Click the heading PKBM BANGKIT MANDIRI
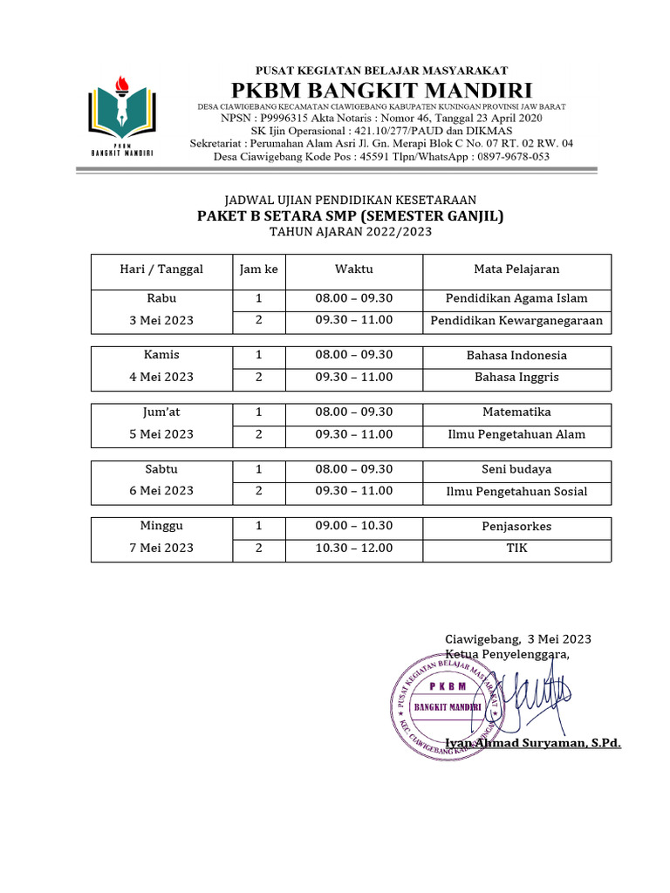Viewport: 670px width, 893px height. (381, 90)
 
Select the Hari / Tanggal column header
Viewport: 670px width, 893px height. (161, 269)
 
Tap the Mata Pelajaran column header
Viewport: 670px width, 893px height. (516, 269)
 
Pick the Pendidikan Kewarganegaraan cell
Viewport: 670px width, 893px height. (516, 321)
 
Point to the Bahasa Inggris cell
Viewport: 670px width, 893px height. (516, 378)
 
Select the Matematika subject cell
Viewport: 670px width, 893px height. (516, 412)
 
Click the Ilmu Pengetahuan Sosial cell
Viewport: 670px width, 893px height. (516, 492)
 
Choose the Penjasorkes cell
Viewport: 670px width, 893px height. (516, 527)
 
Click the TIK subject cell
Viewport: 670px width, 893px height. (516, 549)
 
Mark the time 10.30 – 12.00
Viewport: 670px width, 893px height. (354, 549)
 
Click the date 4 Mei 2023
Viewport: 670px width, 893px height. (161, 378)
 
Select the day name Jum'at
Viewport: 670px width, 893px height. (161, 412)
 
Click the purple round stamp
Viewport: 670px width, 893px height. (446, 705)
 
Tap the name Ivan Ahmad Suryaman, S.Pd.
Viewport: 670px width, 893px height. (533, 744)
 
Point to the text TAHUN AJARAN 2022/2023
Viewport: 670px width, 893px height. (350, 233)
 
